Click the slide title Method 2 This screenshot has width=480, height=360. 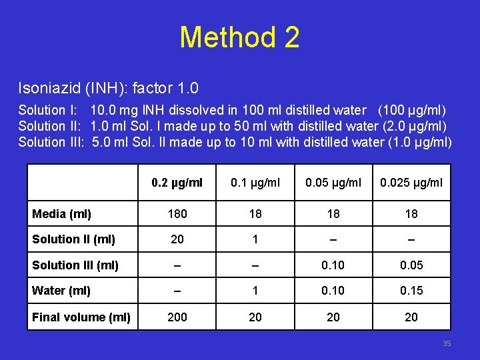(239, 37)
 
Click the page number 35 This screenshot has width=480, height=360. (447, 343)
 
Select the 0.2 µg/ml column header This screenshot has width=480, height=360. (177, 183)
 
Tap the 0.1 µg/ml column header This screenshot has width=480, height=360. (255, 183)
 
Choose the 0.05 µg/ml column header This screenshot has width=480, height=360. (333, 183)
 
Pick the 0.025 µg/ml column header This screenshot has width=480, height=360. (411, 183)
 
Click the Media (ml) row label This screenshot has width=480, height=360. (62, 214)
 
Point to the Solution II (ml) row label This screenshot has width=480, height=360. (73, 239)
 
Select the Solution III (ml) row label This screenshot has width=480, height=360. (75, 265)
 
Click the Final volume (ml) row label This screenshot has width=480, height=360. (81, 317)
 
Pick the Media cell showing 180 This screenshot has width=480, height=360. (177, 214)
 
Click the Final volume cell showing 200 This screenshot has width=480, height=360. (177, 317)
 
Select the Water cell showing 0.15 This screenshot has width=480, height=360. (411, 291)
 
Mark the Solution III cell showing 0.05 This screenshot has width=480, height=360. (411, 265)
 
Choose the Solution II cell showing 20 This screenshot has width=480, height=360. (177, 239)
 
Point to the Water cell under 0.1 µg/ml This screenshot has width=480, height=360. (255, 291)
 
